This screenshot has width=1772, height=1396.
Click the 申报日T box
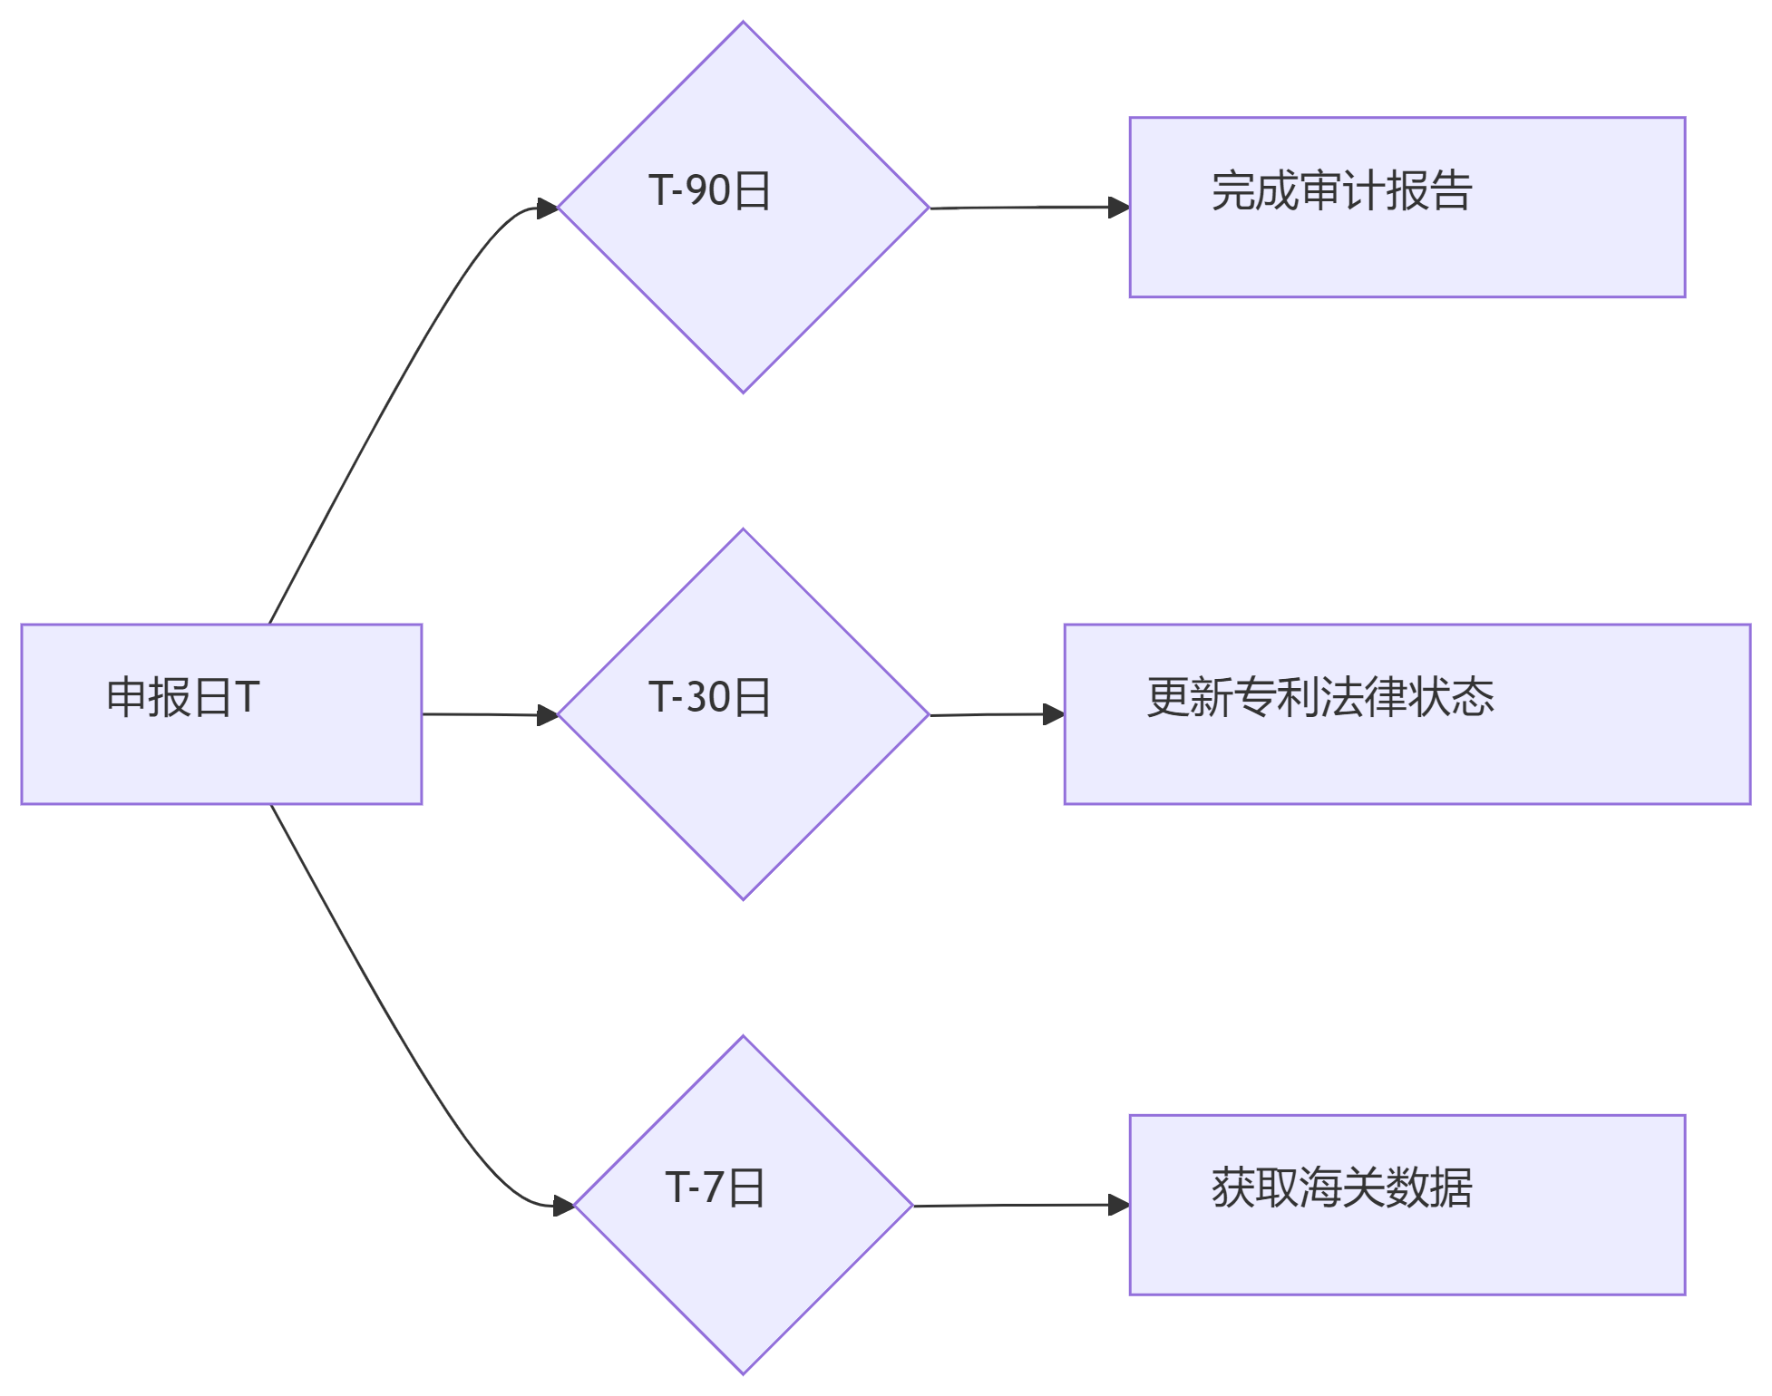coord(221,714)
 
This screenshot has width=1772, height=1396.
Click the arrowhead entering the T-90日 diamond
coord(548,208)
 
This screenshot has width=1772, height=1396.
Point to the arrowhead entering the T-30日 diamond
coord(548,715)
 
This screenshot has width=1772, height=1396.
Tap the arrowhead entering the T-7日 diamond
coord(564,1206)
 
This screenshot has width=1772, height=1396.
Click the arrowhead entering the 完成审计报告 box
coord(1119,207)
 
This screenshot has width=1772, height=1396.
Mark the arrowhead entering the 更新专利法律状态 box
coord(1054,714)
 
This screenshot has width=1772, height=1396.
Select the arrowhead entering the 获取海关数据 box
coord(1119,1205)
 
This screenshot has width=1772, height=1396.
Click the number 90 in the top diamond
coord(707,190)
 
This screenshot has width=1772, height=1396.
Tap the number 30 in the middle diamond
coord(707,697)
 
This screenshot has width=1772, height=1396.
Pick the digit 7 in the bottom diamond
coord(714,1188)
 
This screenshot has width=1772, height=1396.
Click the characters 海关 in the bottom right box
coord(1341,1188)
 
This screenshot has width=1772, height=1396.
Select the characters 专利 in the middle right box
coord(1276,697)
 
